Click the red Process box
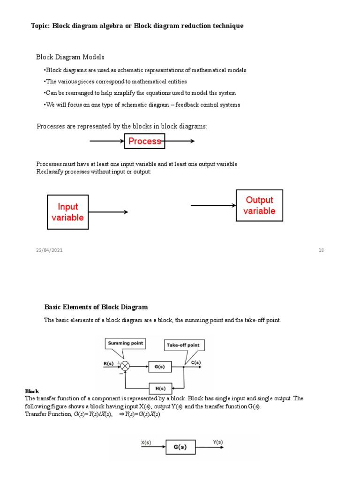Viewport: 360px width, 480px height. [144, 141]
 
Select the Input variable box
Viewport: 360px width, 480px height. [68, 212]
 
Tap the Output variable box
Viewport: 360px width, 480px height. [259, 205]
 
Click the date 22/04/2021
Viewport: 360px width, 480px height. [49, 250]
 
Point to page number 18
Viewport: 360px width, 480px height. [321, 250]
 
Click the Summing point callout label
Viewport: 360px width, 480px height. [125, 343]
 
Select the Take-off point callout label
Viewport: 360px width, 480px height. [183, 345]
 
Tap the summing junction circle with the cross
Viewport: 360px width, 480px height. [125, 366]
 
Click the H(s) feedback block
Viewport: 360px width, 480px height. [160, 389]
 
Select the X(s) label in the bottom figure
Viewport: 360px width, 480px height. [146, 442]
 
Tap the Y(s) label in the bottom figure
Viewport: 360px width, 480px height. [218, 442]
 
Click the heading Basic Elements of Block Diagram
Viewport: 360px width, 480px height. [96, 307]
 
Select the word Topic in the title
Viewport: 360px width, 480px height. [40, 26]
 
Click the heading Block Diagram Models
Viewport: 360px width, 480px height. [70, 57]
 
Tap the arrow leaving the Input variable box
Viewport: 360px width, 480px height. [108, 212]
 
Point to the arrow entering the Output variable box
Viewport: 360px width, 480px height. [213, 205]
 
